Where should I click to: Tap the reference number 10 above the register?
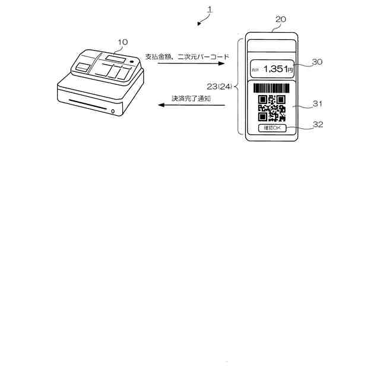[122, 42]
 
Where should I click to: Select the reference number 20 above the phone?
[281, 20]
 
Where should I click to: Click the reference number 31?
[317, 104]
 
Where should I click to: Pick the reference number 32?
[317, 125]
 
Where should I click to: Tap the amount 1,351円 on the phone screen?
[277, 69]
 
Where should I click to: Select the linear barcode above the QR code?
[272, 88]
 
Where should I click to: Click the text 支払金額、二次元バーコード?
[186, 56]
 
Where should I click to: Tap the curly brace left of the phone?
[238, 87]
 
